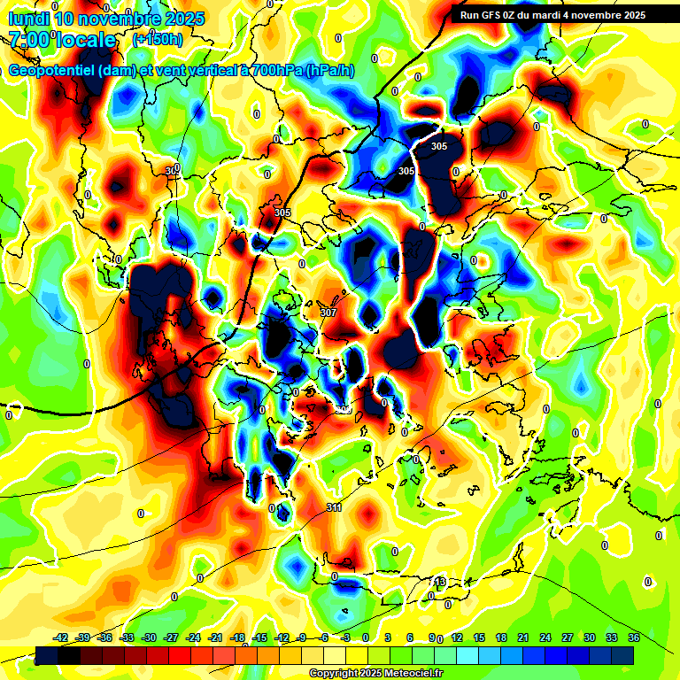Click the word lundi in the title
tap(28, 19)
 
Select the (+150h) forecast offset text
tap(158, 40)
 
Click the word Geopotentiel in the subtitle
tap(49, 71)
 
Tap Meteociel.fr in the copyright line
tap(410, 674)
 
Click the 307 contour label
tap(328, 313)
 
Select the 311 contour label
tap(334, 507)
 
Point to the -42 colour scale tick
tap(61, 637)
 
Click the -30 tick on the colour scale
tap(149, 637)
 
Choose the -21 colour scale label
tap(215, 637)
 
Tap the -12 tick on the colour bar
tap(281, 637)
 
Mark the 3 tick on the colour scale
tap(388, 637)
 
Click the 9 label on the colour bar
tap(432, 637)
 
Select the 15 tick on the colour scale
tap(479, 637)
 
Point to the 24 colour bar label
tap(545, 637)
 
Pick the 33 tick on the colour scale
tap(612, 637)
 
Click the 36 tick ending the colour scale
tap(634, 637)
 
